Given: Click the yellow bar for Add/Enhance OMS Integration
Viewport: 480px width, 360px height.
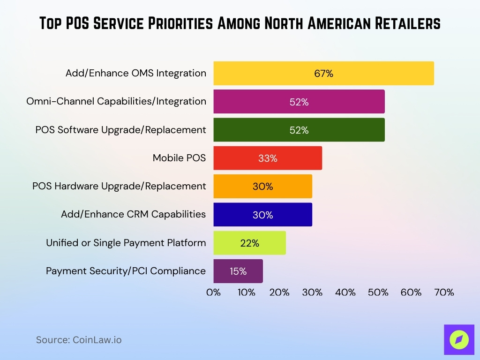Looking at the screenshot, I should point(323,73).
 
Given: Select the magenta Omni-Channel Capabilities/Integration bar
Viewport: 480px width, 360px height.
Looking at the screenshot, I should point(299,102).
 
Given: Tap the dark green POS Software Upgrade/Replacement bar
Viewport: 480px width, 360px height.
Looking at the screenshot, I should point(299,130).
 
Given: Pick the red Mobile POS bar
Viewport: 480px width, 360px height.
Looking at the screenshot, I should point(268,158).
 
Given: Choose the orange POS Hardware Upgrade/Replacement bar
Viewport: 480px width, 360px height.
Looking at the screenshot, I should point(262,186).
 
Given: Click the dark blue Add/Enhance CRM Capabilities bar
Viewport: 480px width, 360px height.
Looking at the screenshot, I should point(262,215).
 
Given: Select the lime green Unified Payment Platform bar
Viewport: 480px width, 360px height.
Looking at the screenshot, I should point(249,243).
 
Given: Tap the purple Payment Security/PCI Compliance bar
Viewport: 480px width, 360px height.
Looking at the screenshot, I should point(238,271).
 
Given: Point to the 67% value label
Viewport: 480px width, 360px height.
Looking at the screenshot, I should point(323,74).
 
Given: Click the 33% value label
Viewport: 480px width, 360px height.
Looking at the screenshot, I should point(268,158).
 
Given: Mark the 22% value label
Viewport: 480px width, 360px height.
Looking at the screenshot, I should point(249,243).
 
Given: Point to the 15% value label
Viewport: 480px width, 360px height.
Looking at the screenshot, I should point(238,271).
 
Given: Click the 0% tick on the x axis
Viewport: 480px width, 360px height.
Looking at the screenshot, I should point(214,292).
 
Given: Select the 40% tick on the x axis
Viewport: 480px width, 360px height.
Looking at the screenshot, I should point(345,292).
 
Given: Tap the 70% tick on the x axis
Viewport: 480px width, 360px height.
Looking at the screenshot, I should point(444,292).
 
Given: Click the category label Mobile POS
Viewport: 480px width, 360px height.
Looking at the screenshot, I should point(179,158).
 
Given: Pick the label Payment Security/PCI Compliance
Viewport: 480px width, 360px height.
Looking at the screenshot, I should point(126,271).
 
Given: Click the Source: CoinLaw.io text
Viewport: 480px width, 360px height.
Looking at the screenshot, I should point(79,340).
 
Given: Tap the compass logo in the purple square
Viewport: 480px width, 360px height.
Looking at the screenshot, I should point(459,339).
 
